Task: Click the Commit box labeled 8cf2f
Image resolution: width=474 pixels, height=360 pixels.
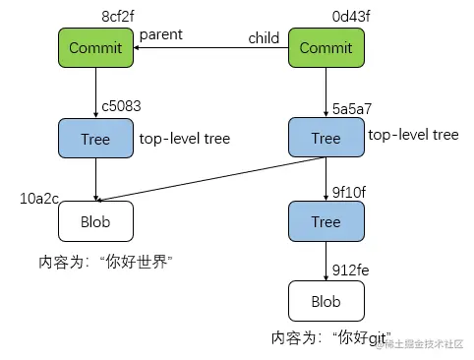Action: click(95, 48)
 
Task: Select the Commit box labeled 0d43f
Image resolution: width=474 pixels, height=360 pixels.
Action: click(326, 48)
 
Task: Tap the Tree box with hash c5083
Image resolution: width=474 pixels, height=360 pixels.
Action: click(95, 138)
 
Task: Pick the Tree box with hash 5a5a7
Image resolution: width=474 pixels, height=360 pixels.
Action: click(326, 138)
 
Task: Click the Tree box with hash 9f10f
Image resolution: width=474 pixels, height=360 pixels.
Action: click(326, 221)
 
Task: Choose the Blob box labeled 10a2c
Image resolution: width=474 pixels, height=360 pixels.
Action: click(95, 221)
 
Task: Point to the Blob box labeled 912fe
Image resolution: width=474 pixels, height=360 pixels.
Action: click(326, 300)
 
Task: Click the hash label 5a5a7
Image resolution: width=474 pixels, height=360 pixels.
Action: click(352, 104)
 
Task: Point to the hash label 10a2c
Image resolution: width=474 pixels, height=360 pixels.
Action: click(40, 199)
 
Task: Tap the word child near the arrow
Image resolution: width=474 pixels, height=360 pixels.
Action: click(263, 38)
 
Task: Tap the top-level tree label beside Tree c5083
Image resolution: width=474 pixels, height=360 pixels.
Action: click(185, 139)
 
